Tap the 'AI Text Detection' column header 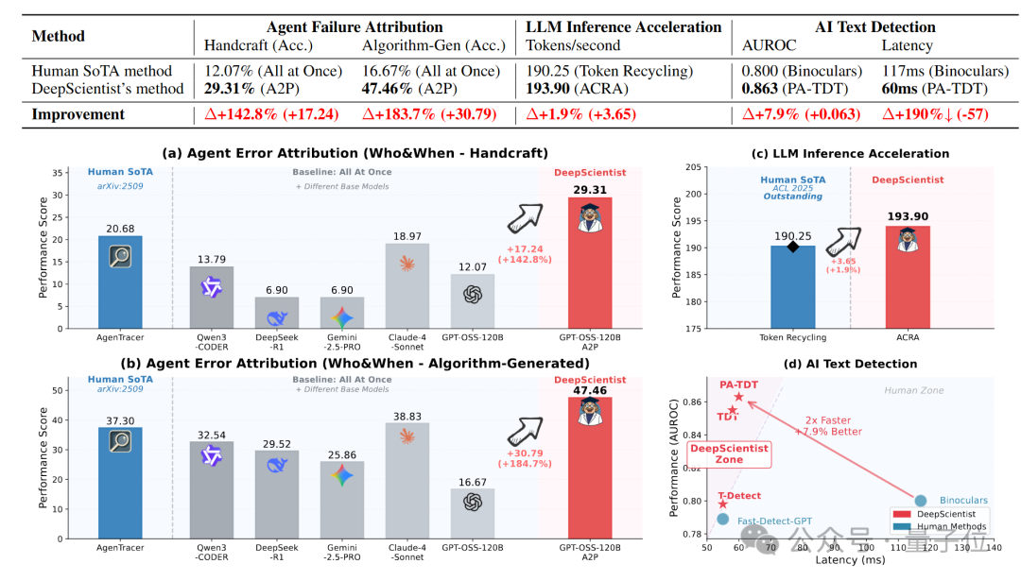tap(875, 26)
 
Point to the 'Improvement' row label tap(78, 114)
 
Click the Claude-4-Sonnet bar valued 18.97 tap(407, 284)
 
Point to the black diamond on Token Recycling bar tap(793, 247)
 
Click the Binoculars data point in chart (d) tap(921, 501)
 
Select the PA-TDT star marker tap(738, 397)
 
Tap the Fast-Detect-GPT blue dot tap(722, 519)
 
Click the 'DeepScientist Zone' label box tap(729, 454)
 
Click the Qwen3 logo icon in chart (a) tap(211, 286)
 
